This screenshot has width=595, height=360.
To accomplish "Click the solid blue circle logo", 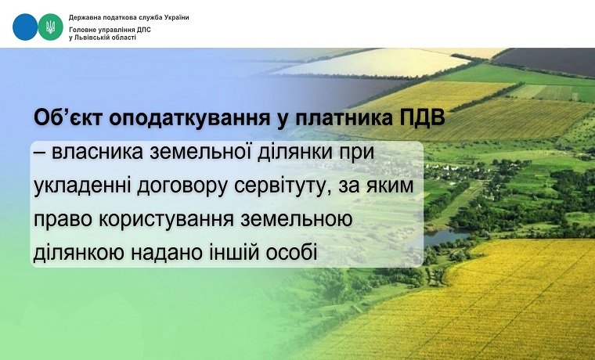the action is (25, 27).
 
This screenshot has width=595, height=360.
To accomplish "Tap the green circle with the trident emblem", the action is (50, 27).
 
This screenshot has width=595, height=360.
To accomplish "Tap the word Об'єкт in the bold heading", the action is (68, 118).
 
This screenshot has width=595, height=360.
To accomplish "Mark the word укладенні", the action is (79, 187).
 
